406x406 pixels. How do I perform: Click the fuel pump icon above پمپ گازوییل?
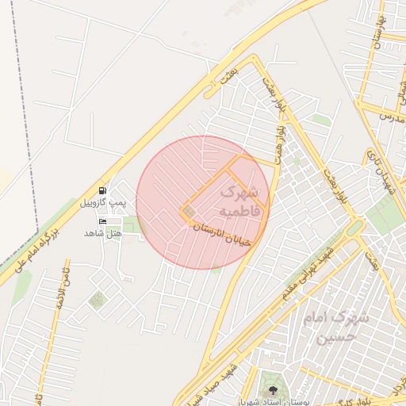pyautogui.click(x=103, y=191)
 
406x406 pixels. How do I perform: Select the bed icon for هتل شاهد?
pyautogui.click(x=103, y=220)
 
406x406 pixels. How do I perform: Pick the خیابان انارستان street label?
pyautogui.click(x=222, y=233)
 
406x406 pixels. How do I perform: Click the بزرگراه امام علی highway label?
pyautogui.click(x=36, y=248)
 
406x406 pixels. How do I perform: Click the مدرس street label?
pyautogui.click(x=386, y=117)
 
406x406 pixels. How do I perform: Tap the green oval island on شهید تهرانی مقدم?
pyautogui.click(x=354, y=228)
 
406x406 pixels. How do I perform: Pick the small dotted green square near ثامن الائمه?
pyautogui.click(x=97, y=300)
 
